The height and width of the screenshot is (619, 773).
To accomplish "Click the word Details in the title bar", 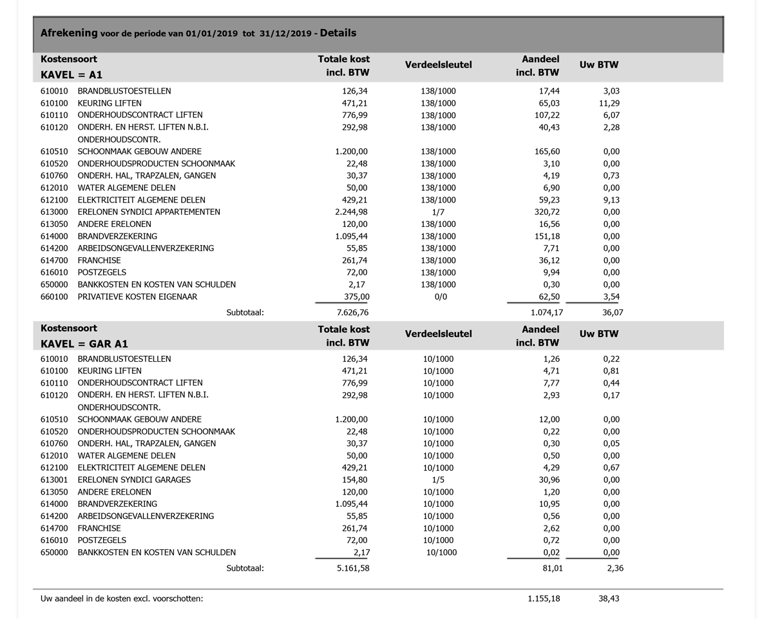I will [x=338, y=33].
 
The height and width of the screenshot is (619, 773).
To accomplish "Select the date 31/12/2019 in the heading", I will [x=285, y=34].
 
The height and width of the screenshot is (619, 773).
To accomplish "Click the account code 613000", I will [x=54, y=212].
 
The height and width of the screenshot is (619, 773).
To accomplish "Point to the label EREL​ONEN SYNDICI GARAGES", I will [x=134, y=480].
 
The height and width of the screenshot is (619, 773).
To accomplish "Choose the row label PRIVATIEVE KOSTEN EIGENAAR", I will [x=137, y=297].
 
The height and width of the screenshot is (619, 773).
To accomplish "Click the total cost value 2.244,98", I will [x=352, y=212].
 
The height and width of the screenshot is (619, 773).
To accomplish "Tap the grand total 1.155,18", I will [x=544, y=599].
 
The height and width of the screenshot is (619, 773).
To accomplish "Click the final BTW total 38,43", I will [x=609, y=599].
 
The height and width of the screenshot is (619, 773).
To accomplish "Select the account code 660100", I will [x=54, y=297].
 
